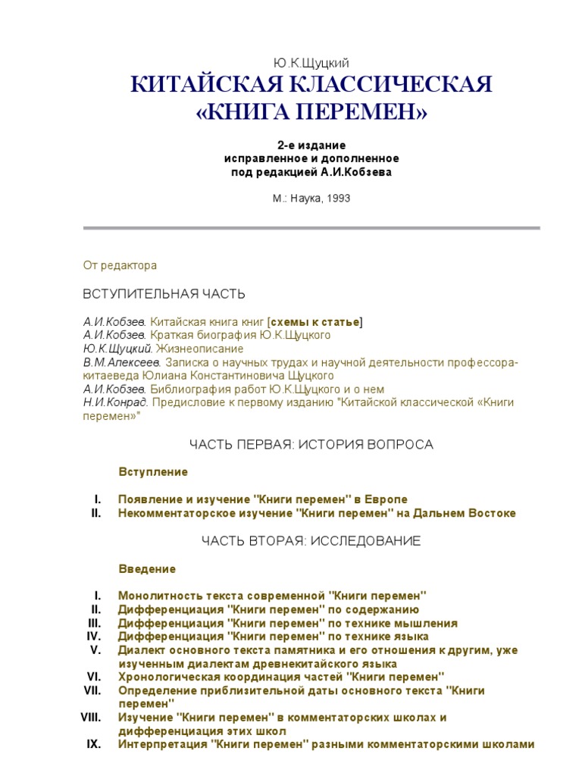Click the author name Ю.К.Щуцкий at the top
click(x=311, y=62)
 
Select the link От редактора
click(x=119, y=266)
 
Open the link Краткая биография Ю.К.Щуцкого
click(x=240, y=335)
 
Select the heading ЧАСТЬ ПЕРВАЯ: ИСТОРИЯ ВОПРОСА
click(x=311, y=444)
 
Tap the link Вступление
click(x=153, y=472)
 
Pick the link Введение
click(x=147, y=569)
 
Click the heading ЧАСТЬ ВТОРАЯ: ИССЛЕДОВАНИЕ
click(x=311, y=541)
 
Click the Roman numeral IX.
click(x=94, y=744)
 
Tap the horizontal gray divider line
click(x=311, y=228)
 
